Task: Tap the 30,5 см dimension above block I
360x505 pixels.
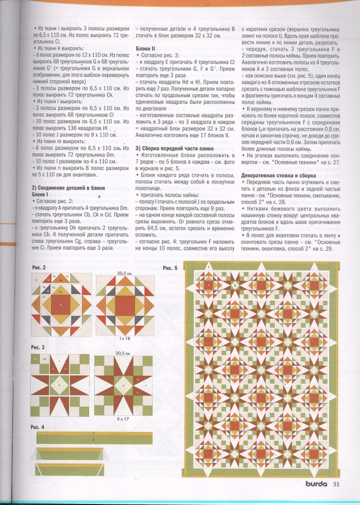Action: click(x=121, y=273)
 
